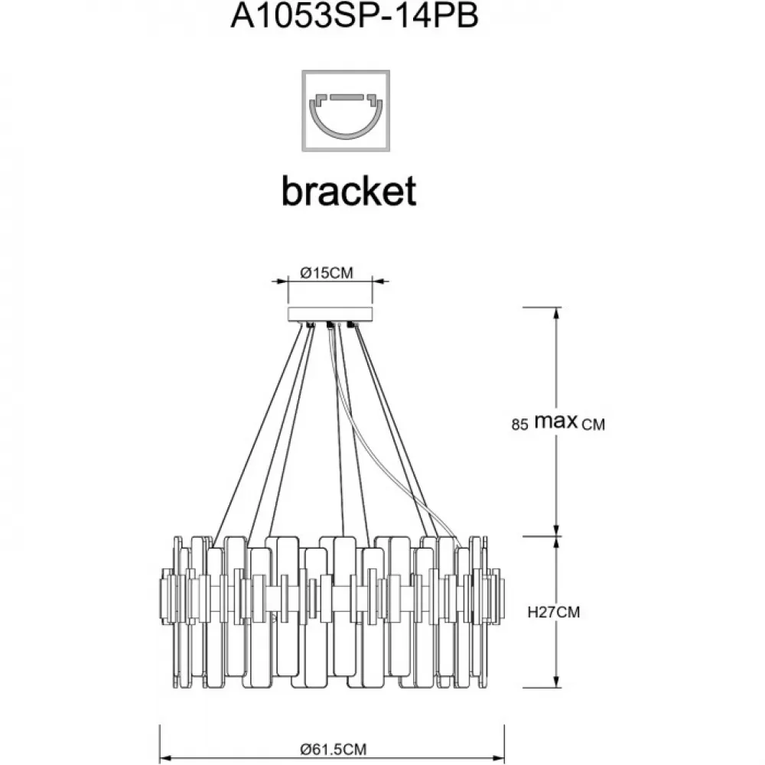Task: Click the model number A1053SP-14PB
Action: click(x=355, y=15)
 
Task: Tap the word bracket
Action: click(x=349, y=190)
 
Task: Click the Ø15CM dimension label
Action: click(x=327, y=273)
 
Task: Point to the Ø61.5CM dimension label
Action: click(x=334, y=749)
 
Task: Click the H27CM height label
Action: click(x=554, y=612)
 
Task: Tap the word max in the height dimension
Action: click(x=556, y=421)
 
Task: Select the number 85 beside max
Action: click(x=519, y=425)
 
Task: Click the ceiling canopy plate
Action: click(x=330, y=314)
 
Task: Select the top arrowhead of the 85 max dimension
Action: click(x=556, y=314)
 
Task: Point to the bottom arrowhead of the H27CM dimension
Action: click(x=556, y=680)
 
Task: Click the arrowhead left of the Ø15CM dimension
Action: click(x=281, y=281)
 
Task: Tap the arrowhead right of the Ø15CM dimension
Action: click(x=379, y=281)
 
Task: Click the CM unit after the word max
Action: click(x=594, y=425)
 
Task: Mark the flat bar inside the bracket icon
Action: click(x=347, y=97)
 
